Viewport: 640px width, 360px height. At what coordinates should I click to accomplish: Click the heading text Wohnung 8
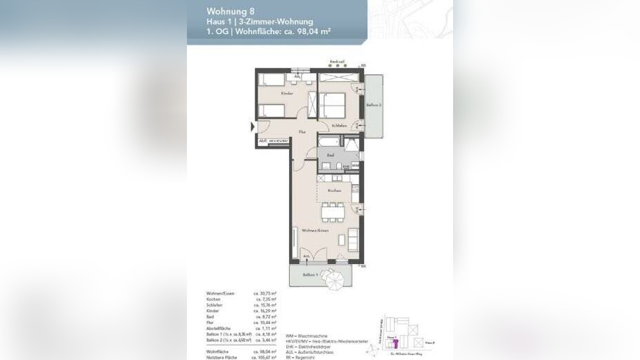(x=227, y=10)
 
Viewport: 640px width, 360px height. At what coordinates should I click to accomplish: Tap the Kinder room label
(x=287, y=93)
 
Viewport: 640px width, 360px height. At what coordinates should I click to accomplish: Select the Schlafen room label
(x=339, y=125)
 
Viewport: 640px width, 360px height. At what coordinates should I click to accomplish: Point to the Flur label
(x=302, y=131)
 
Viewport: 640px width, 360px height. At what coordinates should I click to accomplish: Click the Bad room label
(x=331, y=156)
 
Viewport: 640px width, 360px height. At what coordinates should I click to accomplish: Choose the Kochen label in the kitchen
(x=335, y=190)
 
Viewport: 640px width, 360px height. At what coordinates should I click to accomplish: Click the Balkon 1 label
(x=311, y=275)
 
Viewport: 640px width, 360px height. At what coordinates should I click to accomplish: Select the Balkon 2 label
(x=374, y=105)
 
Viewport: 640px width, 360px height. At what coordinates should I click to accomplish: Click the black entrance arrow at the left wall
(x=253, y=126)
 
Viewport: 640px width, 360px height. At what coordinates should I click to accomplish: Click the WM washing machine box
(x=354, y=166)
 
